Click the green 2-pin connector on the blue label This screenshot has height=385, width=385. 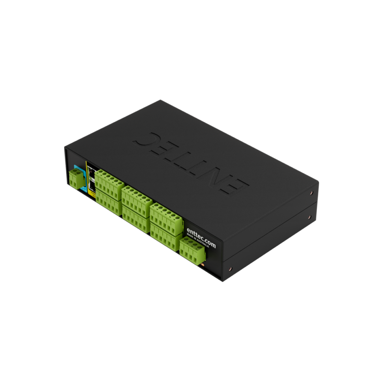[x=76, y=178]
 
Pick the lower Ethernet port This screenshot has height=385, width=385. [x=92, y=185]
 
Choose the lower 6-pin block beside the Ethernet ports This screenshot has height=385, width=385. [x=108, y=199]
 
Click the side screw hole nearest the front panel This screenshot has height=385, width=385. [x=231, y=270]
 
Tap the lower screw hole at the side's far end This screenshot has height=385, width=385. [x=309, y=217]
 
